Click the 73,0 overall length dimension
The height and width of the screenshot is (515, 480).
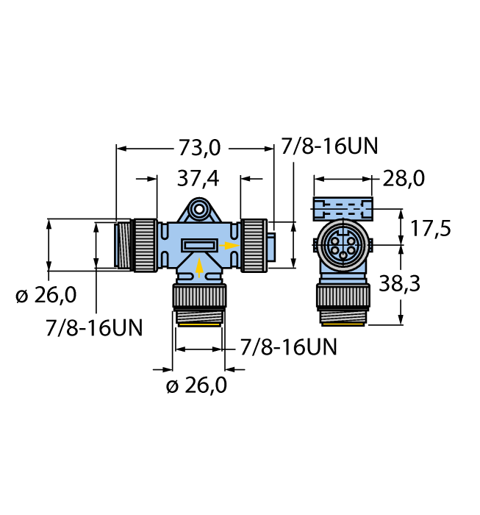click(x=199, y=148)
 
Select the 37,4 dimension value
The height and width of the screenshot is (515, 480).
click(x=198, y=179)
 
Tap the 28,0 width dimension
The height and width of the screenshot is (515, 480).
click(x=404, y=179)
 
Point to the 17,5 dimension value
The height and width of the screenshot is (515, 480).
click(x=431, y=228)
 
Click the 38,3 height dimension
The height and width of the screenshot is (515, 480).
click(x=399, y=283)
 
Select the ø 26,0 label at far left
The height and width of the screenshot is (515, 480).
click(x=46, y=294)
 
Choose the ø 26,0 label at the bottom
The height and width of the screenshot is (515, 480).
click(x=196, y=385)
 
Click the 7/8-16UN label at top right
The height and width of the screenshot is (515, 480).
click(x=329, y=146)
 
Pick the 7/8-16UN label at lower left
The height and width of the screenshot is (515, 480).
click(x=94, y=327)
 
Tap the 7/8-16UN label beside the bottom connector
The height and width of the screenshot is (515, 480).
click(x=288, y=347)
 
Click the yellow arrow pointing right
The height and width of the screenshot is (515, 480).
click(x=229, y=246)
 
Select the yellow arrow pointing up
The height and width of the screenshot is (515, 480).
click(x=199, y=268)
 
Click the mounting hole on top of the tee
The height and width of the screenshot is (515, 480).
click(x=199, y=208)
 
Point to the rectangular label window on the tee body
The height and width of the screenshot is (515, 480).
click(x=199, y=245)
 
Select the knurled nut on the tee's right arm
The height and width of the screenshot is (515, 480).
click(x=254, y=245)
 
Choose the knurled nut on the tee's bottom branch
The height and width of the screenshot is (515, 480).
click(x=199, y=296)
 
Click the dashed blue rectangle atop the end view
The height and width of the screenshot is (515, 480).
click(x=343, y=208)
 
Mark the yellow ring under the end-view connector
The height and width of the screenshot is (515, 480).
click(x=343, y=324)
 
